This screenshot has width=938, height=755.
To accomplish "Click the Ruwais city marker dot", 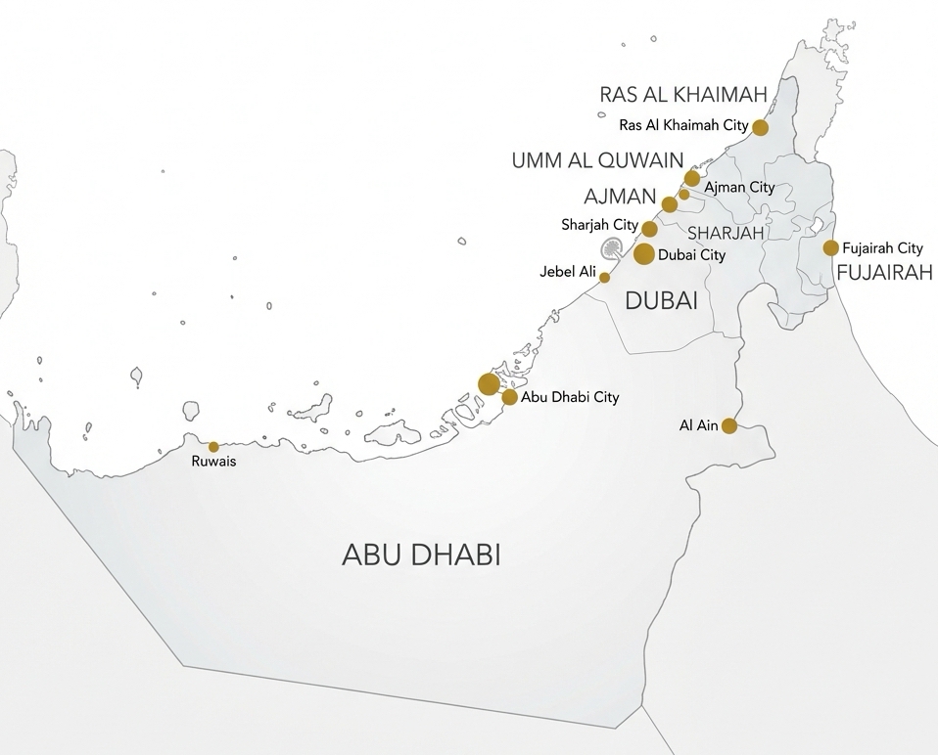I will (213, 446).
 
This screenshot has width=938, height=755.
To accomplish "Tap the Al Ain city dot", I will (729, 425).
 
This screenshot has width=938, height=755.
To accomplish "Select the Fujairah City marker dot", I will (831, 248).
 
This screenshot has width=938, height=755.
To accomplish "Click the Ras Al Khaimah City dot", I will (760, 127).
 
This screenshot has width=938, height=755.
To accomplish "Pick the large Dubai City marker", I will (644, 254).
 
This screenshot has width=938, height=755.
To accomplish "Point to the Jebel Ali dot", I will (604, 278).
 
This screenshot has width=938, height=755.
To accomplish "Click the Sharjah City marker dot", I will (649, 229).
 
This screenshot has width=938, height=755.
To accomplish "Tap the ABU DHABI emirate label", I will (421, 555).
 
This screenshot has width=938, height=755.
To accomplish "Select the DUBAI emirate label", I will (661, 301).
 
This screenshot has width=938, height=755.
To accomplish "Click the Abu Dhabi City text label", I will (571, 398).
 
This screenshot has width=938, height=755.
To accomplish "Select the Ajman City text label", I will (739, 187).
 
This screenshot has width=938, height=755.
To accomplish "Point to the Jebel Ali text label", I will (567, 272).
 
